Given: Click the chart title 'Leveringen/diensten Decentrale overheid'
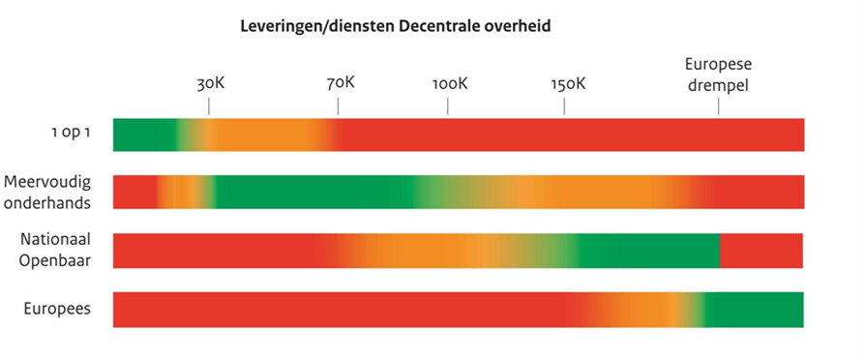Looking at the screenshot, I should pos(395,26).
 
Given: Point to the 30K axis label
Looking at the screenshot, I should pos(210,83).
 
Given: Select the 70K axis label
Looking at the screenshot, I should pos(340,82).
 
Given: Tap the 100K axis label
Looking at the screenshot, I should pos(449,83).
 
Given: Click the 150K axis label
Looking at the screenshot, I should pos(567,83).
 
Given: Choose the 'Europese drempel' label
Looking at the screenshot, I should pos(718,75).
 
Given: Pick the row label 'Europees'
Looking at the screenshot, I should pos(57,309).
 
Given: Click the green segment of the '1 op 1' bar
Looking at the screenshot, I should pos(143,135).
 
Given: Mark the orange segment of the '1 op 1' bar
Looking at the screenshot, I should pos(261,135).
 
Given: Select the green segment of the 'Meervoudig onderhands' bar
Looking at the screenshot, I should pos(310,192).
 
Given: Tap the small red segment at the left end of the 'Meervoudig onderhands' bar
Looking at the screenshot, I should pos(134,192).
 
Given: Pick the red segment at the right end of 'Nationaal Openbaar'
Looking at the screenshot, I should pos(761,250).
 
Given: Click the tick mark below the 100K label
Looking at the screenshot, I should pos(447,106).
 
